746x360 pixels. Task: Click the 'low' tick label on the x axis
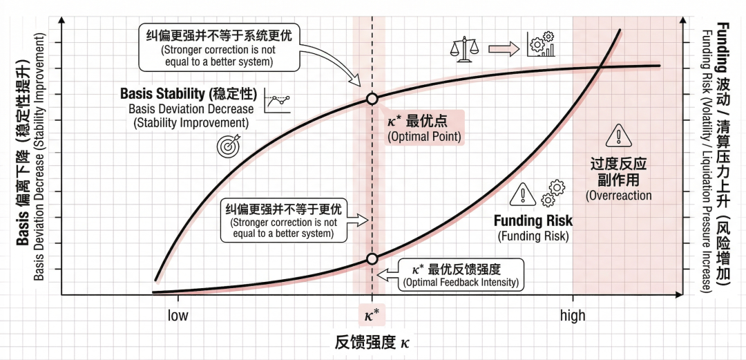178,316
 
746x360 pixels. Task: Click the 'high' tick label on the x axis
573,316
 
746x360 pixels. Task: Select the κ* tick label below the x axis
372,316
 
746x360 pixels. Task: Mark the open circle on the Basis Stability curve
372,99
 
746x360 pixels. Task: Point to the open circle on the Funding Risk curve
372,259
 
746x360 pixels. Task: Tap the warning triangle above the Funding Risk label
523,195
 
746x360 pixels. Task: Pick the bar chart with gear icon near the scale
540,44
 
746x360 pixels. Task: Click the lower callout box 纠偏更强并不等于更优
285,221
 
